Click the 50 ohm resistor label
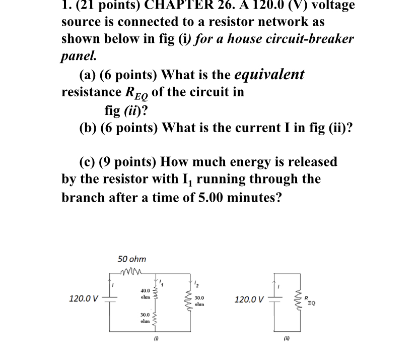(132, 259)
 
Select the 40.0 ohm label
(146, 293)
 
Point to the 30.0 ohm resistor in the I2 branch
(190, 302)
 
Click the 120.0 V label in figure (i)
(84, 299)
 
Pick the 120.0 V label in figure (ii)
(249, 299)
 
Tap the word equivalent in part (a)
(269, 75)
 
